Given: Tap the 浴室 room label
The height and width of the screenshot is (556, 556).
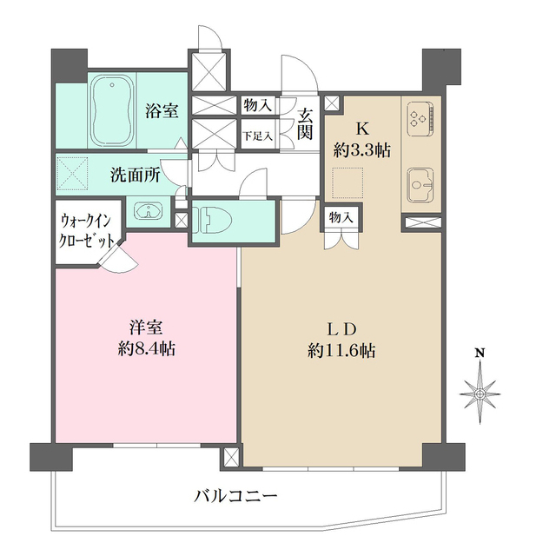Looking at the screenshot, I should pyautogui.click(x=162, y=111).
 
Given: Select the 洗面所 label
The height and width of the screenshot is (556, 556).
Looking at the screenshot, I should pyautogui.click(x=135, y=175).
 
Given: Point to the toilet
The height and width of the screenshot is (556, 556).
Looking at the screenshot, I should pyautogui.click(x=214, y=219).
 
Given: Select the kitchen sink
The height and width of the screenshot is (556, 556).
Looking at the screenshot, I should pyautogui.click(x=421, y=183).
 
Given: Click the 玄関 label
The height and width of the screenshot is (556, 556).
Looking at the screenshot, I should pyautogui.click(x=305, y=122).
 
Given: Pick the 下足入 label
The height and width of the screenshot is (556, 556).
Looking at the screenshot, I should pyautogui.click(x=257, y=136).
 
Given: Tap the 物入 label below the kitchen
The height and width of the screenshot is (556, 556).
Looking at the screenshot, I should pyautogui.click(x=340, y=218).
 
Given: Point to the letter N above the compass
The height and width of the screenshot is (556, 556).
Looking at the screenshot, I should pyautogui.click(x=479, y=354).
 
